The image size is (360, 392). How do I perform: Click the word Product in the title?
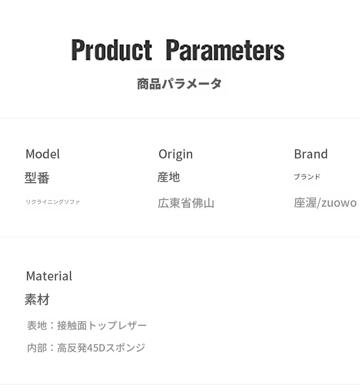[x=112, y=50]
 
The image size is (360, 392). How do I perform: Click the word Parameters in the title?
[x=225, y=50]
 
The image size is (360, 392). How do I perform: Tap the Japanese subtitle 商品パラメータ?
[x=179, y=84]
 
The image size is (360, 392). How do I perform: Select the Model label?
[x=42, y=154]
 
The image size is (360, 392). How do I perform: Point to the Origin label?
[x=175, y=154]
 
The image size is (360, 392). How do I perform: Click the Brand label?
[x=311, y=154]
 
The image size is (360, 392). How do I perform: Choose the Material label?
[x=49, y=276]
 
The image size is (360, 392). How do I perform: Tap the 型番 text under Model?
[x=37, y=178]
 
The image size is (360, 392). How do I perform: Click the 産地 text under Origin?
[x=169, y=177]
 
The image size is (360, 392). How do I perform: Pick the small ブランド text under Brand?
[x=307, y=177]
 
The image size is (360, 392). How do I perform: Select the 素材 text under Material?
[x=37, y=300]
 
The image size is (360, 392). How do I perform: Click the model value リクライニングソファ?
[x=53, y=202]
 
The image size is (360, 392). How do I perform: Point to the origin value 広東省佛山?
[x=186, y=203]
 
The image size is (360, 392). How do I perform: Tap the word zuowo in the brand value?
[x=339, y=203]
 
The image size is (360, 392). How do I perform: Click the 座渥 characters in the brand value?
[x=305, y=203]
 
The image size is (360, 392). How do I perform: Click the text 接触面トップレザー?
[x=102, y=326]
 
